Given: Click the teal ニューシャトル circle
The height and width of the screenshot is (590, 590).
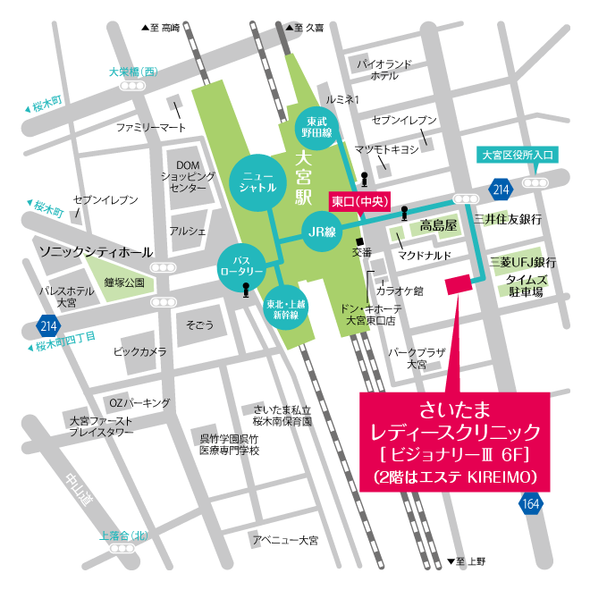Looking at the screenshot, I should [x=257, y=183].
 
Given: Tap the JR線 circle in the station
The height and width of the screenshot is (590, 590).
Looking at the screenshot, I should [x=325, y=230].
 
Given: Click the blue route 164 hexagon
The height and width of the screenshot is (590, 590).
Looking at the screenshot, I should [x=531, y=503].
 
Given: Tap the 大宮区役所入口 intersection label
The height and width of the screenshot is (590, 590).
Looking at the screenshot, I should [x=518, y=155].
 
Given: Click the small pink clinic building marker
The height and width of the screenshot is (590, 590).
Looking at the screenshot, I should [x=458, y=284].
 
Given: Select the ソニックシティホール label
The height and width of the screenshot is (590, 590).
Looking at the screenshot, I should [x=96, y=253].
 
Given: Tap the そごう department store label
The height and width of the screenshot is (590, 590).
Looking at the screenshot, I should [x=200, y=324].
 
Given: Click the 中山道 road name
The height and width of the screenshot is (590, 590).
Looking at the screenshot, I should [x=80, y=492].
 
